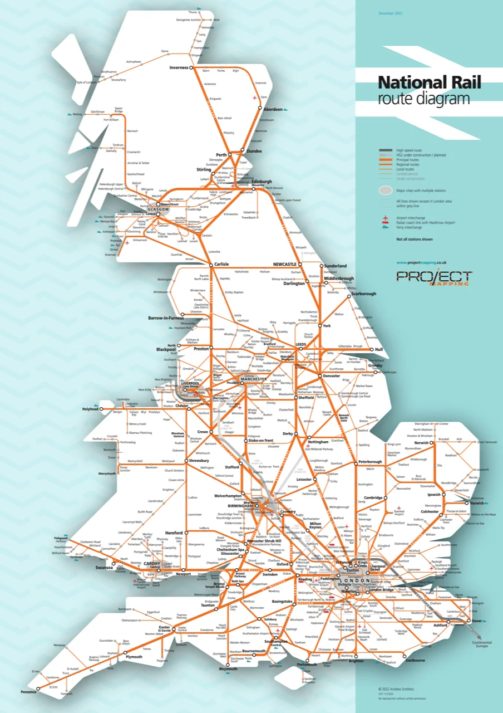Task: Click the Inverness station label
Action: click(179, 67)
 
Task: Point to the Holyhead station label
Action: click(90, 409)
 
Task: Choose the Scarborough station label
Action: click(364, 294)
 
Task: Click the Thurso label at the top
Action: click(193, 12)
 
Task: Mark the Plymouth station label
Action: click(134, 657)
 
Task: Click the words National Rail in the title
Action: click(429, 83)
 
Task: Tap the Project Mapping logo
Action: click(434, 277)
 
